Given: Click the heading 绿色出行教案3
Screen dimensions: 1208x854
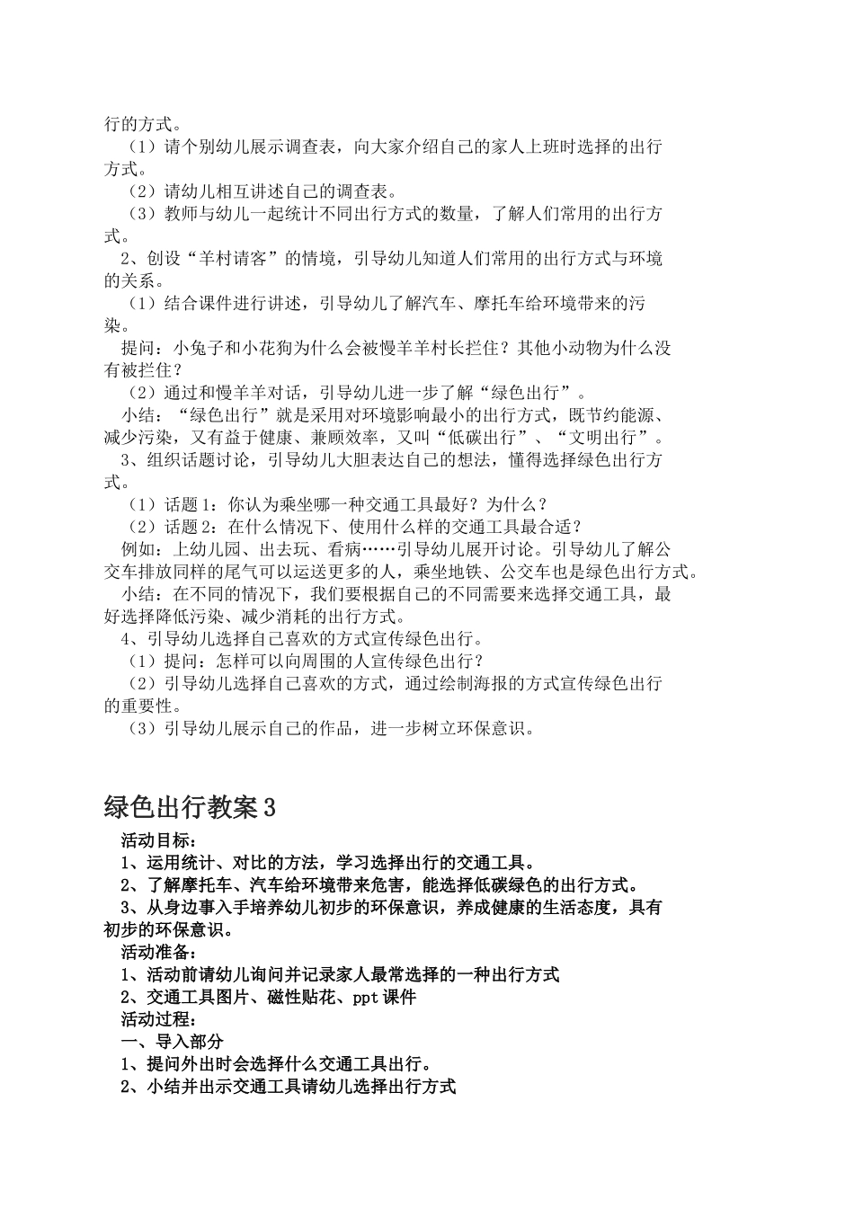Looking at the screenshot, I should point(190,807).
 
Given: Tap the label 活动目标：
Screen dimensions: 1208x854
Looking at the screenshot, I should point(156,841).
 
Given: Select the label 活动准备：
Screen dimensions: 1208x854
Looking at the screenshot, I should point(156,952).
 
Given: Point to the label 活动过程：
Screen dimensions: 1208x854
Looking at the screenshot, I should point(156,1019).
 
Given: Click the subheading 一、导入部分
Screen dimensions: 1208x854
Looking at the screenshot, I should point(172,1042).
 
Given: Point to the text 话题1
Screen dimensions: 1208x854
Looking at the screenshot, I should point(186,505).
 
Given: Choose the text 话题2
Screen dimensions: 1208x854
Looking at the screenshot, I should point(186,527).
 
